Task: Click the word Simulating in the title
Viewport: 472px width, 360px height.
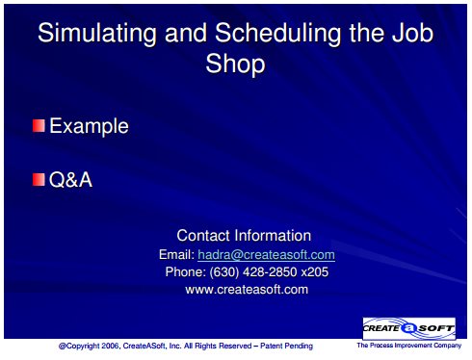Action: tap(97, 34)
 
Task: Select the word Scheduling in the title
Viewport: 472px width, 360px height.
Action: tap(278, 34)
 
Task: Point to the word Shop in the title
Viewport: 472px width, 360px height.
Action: tap(235, 64)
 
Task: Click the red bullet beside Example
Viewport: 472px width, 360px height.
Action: tap(39, 125)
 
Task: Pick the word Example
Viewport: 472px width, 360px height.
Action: tap(89, 126)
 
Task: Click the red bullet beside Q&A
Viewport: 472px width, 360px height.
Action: tap(39, 179)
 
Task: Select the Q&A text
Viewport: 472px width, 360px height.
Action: tap(70, 179)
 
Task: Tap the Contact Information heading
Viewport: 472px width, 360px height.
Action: tap(244, 236)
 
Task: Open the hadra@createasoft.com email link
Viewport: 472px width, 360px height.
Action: tap(266, 255)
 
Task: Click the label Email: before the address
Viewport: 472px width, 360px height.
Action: tap(177, 255)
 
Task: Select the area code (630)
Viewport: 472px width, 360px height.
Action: tap(224, 272)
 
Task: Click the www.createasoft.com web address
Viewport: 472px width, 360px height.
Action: tap(247, 290)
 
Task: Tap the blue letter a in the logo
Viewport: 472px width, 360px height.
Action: tap(408, 328)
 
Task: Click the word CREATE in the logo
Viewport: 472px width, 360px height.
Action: tap(381, 328)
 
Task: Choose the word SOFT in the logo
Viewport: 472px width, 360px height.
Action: tap(435, 328)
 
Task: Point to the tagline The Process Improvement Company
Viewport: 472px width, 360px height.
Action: tap(408, 346)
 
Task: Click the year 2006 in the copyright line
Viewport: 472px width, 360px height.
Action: tap(110, 346)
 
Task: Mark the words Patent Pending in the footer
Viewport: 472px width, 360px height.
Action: tap(286, 346)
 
